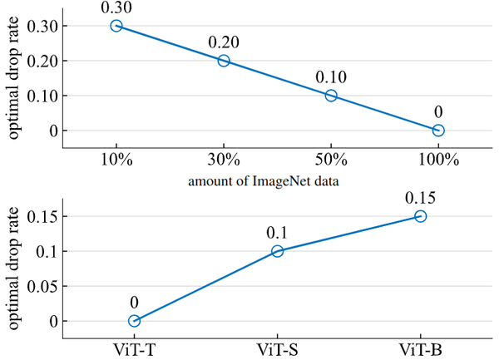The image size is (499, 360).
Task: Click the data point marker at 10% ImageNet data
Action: (x=116, y=26)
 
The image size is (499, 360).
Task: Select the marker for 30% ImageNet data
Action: (x=224, y=61)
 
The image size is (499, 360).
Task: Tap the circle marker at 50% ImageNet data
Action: (x=331, y=96)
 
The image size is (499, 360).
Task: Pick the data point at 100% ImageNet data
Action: (x=438, y=130)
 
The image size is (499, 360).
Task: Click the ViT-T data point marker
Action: (x=134, y=321)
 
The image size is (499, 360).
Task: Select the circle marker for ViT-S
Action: (x=277, y=251)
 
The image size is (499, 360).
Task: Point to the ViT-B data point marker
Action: (x=420, y=216)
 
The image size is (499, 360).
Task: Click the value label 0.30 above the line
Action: (x=116, y=8)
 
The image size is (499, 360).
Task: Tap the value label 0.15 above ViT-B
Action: (x=420, y=199)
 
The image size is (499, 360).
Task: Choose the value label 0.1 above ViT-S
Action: (x=277, y=234)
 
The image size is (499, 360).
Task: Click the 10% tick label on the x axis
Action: (x=116, y=160)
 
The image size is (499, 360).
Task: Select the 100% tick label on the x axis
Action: (x=438, y=160)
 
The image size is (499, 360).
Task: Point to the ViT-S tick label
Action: (x=277, y=349)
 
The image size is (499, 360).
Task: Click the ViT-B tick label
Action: (x=420, y=349)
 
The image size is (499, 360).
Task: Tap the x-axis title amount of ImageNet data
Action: (x=277, y=180)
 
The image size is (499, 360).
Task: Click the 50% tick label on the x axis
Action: (x=331, y=160)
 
